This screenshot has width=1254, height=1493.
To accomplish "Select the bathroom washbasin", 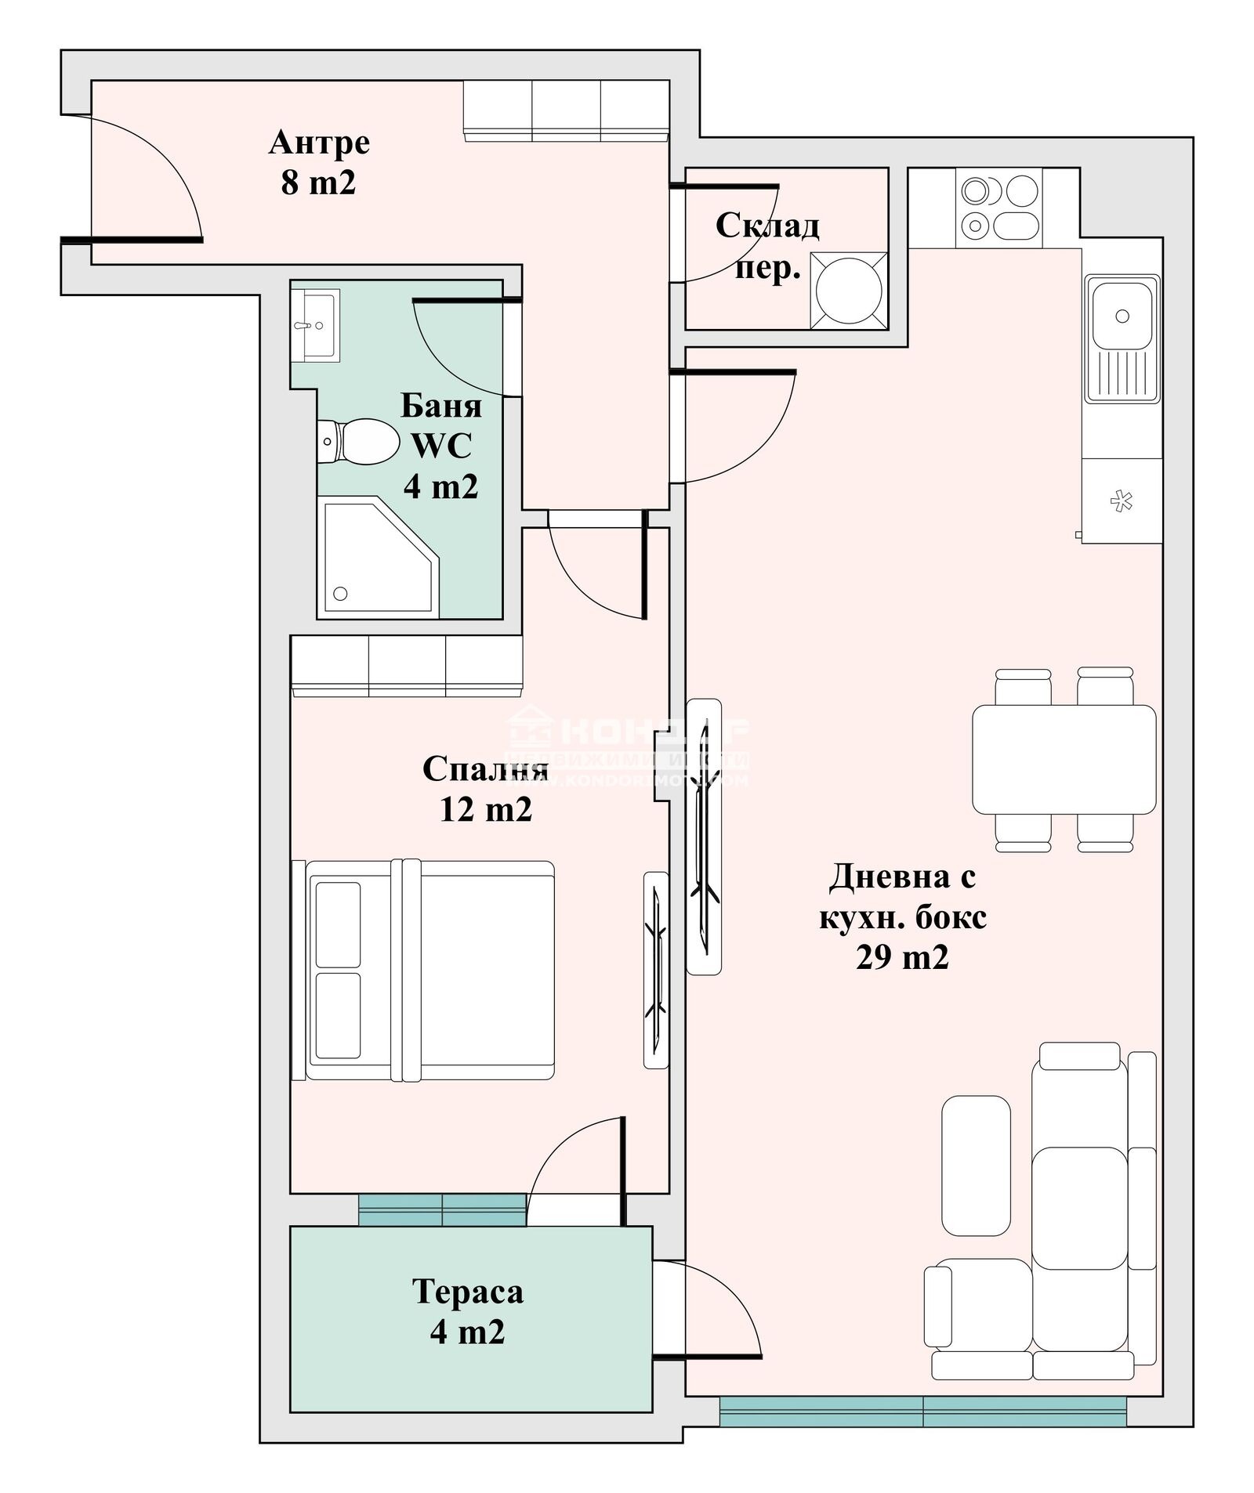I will (x=316, y=325).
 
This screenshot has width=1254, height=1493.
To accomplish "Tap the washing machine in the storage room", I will (x=848, y=291).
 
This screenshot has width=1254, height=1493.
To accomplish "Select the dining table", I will (x=1064, y=759).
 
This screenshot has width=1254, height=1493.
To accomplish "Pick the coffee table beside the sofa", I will (x=975, y=1166).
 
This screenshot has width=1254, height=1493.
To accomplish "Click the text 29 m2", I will (x=902, y=957).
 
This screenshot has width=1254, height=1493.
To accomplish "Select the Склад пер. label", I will (x=767, y=247).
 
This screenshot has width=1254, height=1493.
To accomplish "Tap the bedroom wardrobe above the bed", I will (x=406, y=665).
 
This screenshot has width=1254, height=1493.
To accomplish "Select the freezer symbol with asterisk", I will (x=1122, y=501).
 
